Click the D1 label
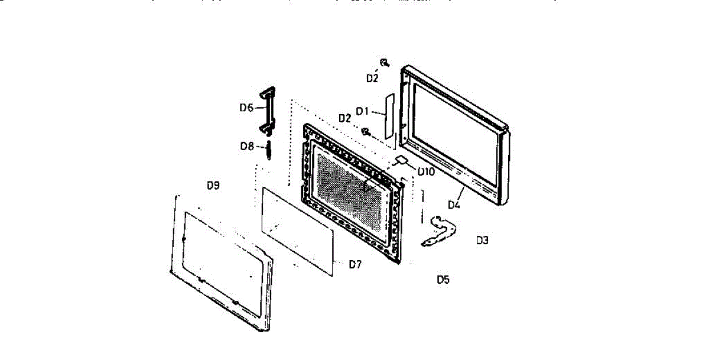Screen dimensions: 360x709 click(362, 111)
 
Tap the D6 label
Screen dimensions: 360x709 click(246, 108)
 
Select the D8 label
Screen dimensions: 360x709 click(247, 146)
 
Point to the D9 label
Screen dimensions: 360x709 click(213, 185)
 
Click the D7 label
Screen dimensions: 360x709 click(354, 264)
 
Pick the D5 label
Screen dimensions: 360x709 click(443, 279)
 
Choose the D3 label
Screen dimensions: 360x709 click(482, 240)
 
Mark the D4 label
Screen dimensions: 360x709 click(454, 205)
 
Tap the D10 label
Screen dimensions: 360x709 click(425, 172)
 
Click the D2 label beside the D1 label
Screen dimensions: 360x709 click(345, 118)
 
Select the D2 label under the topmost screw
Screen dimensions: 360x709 click(372, 78)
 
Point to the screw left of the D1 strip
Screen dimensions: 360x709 click(366, 131)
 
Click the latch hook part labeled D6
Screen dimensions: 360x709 click(266, 110)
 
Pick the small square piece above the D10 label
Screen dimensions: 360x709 click(402, 159)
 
